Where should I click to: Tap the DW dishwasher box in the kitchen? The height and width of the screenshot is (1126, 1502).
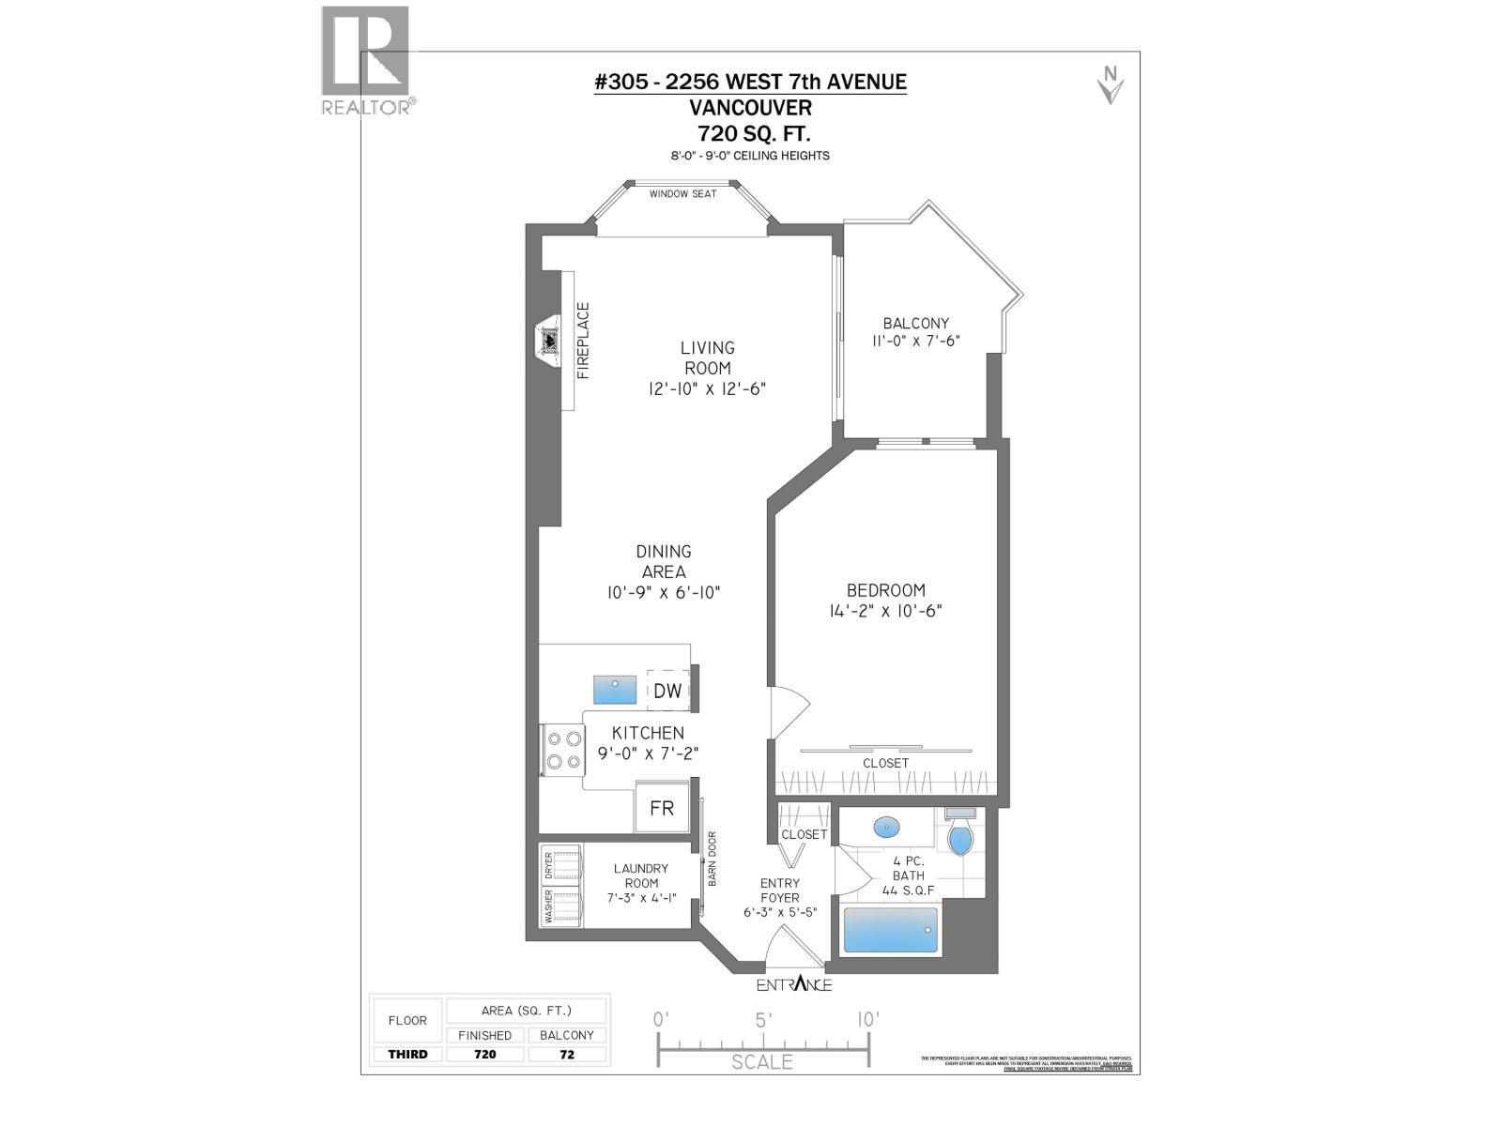[667, 691]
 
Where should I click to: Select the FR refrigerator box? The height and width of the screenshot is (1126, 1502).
[662, 808]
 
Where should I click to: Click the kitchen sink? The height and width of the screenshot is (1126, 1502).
[615, 690]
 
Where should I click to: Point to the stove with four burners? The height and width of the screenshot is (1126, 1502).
[561, 751]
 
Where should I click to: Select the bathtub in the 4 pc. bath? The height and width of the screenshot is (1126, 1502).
[890, 930]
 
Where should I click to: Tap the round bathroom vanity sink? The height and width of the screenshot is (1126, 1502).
[886, 828]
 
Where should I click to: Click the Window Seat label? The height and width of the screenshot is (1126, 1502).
[682, 194]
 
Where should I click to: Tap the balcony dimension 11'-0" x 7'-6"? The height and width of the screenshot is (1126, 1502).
[915, 342]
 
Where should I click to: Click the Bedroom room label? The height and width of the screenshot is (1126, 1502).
[885, 590]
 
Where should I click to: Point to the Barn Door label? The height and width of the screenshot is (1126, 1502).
[713, 859]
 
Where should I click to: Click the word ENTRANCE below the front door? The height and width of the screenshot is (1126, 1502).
[794, 984]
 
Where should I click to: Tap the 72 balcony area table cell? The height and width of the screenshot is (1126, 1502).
[567, 1054]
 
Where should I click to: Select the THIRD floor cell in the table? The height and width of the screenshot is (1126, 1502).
[407, 1054]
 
